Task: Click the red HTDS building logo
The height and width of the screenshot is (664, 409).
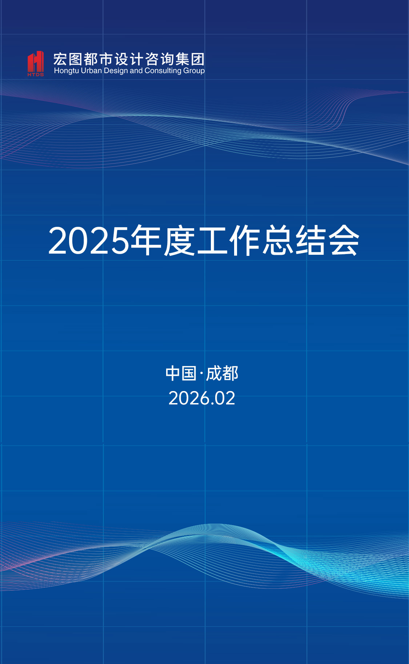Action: (x=36, y=61)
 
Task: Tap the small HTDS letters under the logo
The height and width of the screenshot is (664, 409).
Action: (x=36, y=75)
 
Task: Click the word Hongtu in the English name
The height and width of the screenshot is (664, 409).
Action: (x=66, y=71)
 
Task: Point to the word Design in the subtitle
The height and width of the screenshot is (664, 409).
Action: (x=116, y=71)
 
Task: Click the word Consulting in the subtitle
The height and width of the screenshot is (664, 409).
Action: (x=163, y=71)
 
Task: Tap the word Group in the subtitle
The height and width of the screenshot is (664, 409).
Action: (x=194, y=71)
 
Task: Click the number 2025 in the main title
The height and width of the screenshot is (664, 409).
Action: (x=89, y=241)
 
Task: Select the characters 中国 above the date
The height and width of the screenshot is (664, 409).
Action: (x=181, y=374)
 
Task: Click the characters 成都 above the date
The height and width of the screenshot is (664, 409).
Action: (x=222, y=374)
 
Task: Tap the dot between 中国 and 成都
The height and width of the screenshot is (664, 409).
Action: (x=201, y=374)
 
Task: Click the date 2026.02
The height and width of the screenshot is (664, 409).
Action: (x=202, y=398)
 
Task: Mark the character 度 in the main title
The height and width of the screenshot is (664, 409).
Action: (x=179, y=240)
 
